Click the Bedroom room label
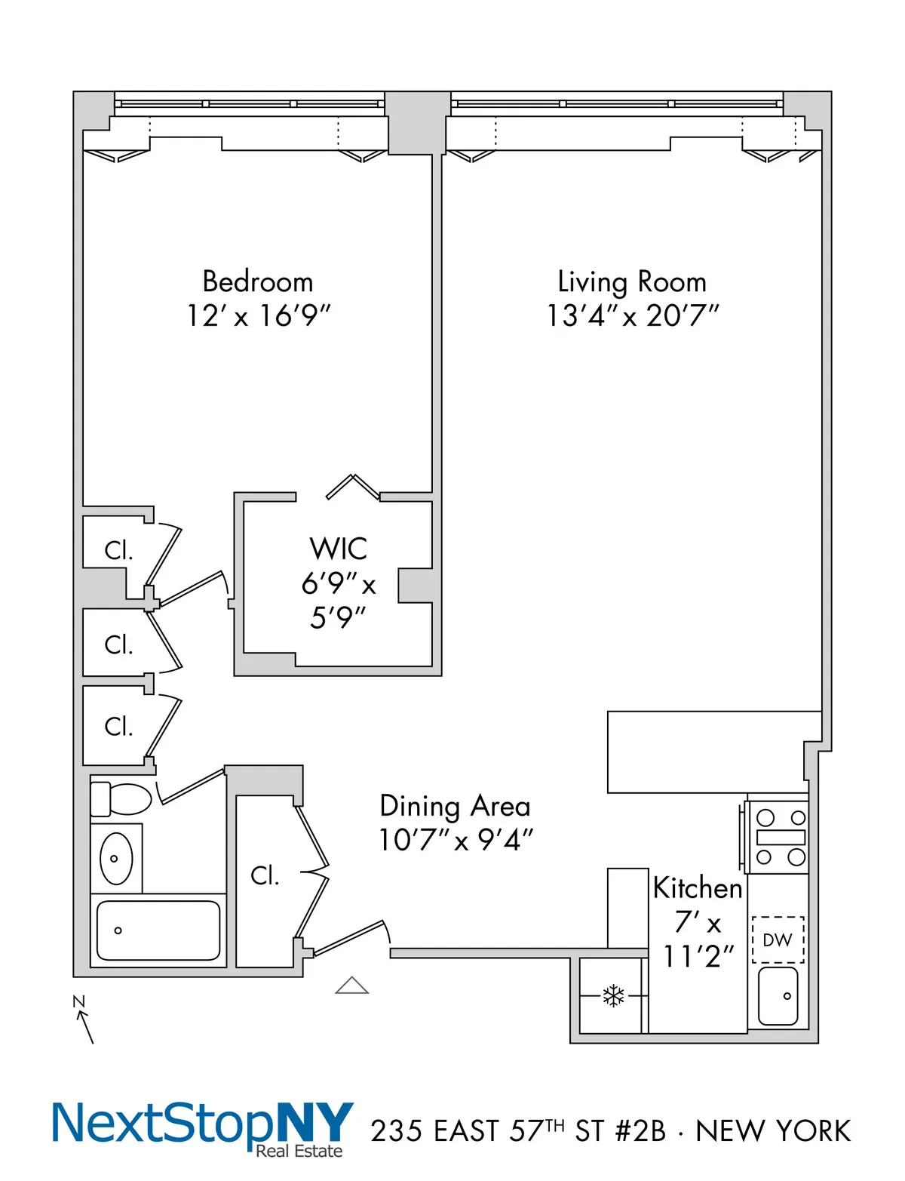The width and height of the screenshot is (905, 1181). [x=258, y=281]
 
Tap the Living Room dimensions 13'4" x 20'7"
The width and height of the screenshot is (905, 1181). [x=632, y=315]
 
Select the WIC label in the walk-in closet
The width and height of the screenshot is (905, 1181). [x=339, y=549]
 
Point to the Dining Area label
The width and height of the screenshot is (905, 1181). [x=455, y=806]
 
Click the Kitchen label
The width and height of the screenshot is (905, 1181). [x=698, y=888]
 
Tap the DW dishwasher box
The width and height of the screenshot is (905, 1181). [x=778, y=940]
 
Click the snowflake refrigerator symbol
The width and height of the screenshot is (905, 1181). [x=613, y=996]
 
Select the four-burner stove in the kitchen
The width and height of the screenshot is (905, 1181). [x=781, y=837]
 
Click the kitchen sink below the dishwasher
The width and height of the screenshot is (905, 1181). [x=778, y=996]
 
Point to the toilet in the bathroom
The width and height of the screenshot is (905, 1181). [x=122, y=799]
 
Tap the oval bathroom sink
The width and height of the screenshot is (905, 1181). [x=116, y=859]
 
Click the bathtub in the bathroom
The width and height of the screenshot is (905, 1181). [x=158, y=930]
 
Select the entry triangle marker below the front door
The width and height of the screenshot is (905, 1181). [x=351, y=986]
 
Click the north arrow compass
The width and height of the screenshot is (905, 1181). [x=84, y=1020]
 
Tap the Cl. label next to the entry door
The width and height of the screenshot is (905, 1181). [x=265, y=875]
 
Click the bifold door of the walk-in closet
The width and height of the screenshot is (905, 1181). [x=352, y=487]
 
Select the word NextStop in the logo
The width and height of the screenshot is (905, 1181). [x=162, y=1124]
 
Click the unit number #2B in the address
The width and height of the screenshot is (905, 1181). [x=640, y=1131]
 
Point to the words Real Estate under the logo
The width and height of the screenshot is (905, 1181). [x=299, y=1151]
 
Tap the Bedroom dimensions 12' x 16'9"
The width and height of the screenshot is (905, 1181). [x=258, y=315]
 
